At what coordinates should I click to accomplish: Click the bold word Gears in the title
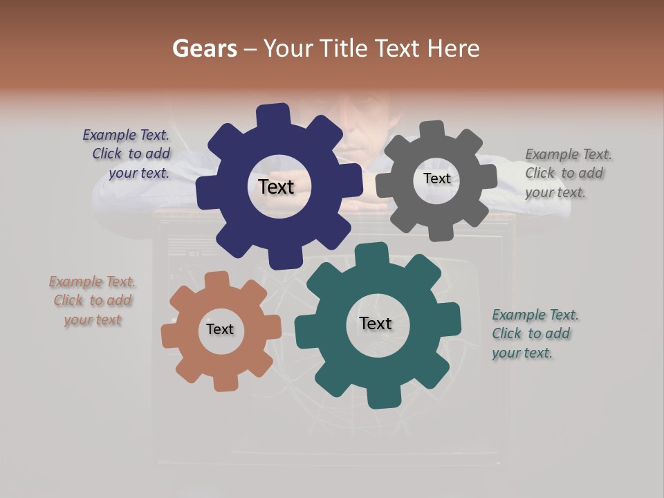[204, 48]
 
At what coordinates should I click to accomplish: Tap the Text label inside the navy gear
[276, 187]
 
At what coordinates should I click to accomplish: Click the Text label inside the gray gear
[436, 178]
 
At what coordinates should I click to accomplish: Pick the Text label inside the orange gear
[220, 329]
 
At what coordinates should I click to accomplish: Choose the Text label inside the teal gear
[376, 323]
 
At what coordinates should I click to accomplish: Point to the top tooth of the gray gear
[432, 131]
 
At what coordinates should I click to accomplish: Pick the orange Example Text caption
[92, 300]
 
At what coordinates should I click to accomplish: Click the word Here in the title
[454, 48]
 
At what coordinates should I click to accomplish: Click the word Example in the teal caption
[518, 315]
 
